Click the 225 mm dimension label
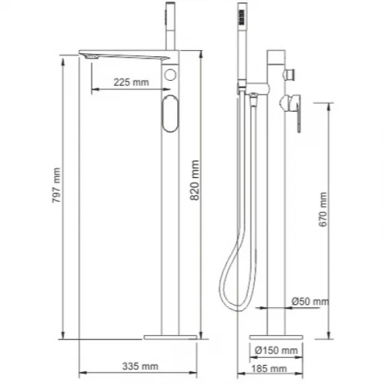(131, 82)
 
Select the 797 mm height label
(56, 185)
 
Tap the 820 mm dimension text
(195, 180)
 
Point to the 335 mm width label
(140, 367)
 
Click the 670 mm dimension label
(323, 209)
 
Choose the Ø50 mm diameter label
(310, 301)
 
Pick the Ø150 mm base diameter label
(276, 350)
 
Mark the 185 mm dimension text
(269, 369)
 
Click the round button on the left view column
(170, 75)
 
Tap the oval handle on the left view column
(170, 114)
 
